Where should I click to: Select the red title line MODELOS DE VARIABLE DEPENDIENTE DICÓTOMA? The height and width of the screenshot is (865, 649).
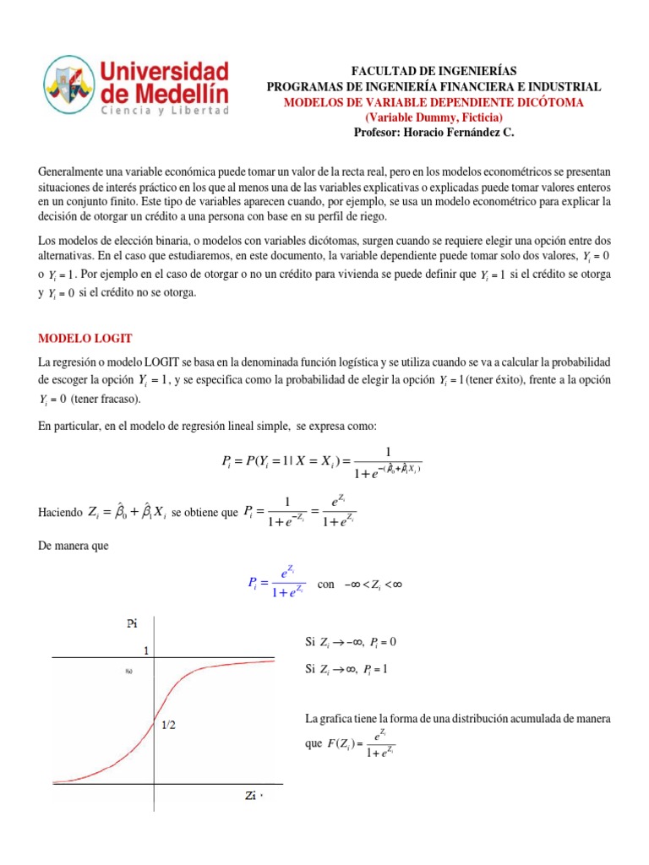pos(434,102)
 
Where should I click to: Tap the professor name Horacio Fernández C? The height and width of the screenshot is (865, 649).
pos(434,133)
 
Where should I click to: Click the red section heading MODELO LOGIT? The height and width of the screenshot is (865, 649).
pos(85,338)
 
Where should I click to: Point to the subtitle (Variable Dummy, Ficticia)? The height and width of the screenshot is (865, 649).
pos(434,117)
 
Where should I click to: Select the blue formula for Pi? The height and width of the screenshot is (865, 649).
pos(275,584)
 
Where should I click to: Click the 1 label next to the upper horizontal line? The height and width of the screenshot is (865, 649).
pos(146,652)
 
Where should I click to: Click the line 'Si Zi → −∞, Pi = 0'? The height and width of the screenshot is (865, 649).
pos(350,642)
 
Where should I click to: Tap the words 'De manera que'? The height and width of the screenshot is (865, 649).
pos(74,547)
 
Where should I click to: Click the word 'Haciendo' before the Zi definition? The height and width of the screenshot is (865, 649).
pos(61,513)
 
